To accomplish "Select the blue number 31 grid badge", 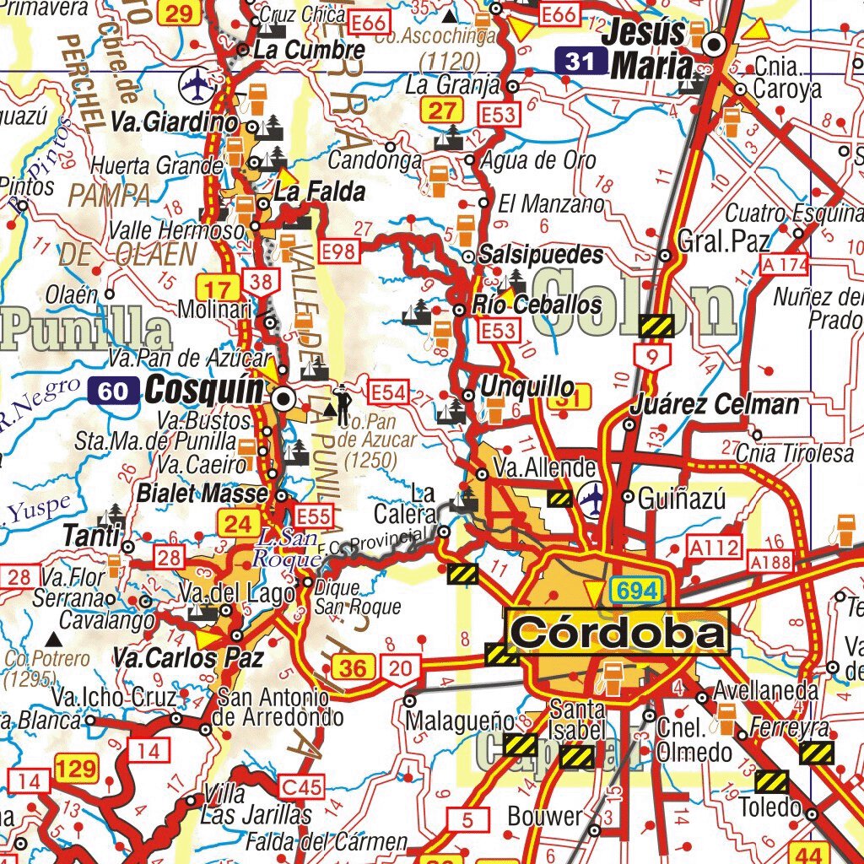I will pyautogui.click(x=580, y=61).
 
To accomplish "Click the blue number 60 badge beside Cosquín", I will pyautogui.click(x=113, y=391).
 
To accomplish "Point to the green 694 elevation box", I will pyautogui.click(x=636, y=591).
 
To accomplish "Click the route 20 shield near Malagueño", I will pyautogui.click(x=402, y=669).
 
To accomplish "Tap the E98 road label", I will pyautogui.click(x=339, y=250).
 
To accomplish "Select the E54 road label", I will pyautogui.click(x=389, y=391).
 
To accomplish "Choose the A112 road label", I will pyautogui.click(x=713, y=548).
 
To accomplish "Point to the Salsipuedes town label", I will pyautogui.click(x=541, y=255).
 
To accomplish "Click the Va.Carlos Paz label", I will pyautogui.click(x=189, y=657).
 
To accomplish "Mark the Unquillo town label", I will pyautogui.click(x=527, y=388).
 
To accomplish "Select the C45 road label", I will pyautogui.click(x=301, y=788).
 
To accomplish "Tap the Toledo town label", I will pyautogui.click(x=769, y=807).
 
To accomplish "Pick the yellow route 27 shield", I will pyautogui.click(x=442, y=110).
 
